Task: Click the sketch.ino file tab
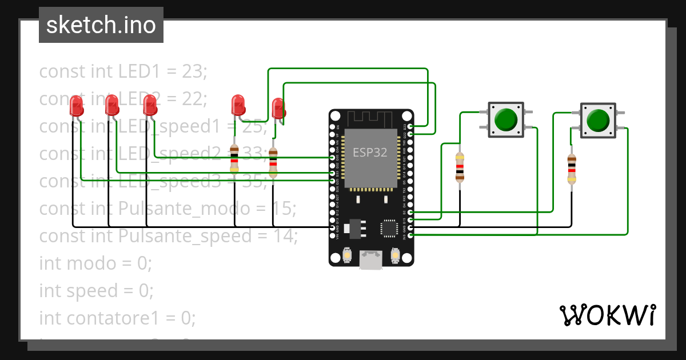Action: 101,25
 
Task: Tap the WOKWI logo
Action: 607,315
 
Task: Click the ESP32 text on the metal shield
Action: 369,153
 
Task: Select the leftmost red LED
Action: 76,106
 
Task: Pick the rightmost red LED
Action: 278,108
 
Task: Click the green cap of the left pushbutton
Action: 505,119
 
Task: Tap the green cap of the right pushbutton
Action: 598,120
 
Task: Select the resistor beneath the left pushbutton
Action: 460,167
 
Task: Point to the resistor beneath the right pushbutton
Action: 571,170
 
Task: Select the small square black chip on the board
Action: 390,227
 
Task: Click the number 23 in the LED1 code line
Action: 194,71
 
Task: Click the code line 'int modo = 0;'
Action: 95,263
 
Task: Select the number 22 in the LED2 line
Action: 194,99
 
